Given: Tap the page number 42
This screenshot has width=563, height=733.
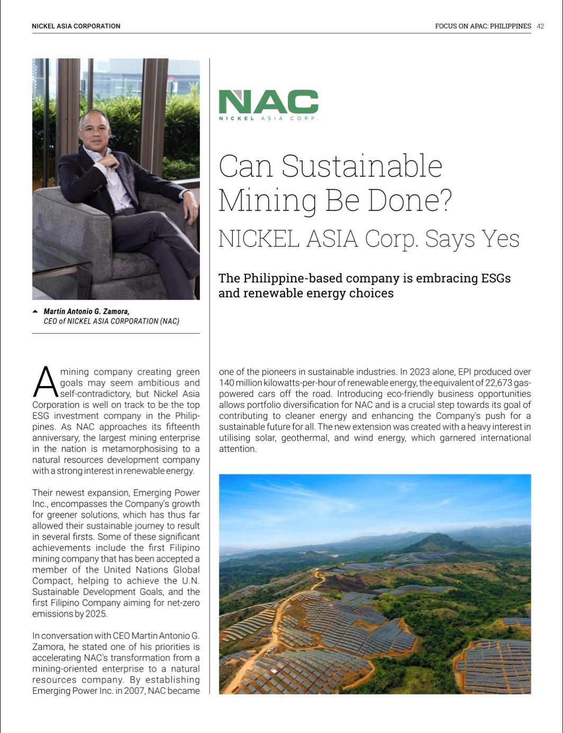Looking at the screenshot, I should click(x=540, y=26).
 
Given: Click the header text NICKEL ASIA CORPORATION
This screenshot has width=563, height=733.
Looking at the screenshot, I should click(x=76, y=26).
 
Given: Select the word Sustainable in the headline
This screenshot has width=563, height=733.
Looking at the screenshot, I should click(x=361, y=166).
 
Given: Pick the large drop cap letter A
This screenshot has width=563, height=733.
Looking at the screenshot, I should click(x=45, y=382).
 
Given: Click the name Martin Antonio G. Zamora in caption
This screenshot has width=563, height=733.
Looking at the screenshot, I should click(x=86, y=311).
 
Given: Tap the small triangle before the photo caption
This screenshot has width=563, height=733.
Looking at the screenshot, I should click(x=35, y=311).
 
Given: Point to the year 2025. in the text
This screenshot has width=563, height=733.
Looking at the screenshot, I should click(x=95, y=614).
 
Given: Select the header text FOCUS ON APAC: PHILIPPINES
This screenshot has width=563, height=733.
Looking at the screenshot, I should click(x=483, y=26).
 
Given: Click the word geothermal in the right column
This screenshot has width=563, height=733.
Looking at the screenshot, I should click(x=306, y=438).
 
